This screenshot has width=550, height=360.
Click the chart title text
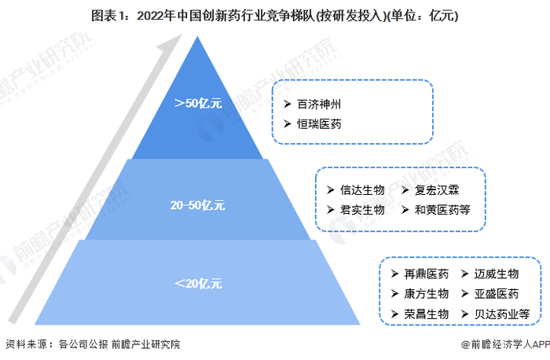point(275,14)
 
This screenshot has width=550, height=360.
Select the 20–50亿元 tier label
point(198,205)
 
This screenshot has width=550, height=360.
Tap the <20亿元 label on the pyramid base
point(197,283)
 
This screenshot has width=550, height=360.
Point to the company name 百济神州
point(319,104)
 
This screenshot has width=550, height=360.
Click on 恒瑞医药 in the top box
point(319,123)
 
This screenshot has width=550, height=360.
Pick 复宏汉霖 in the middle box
point(439,190)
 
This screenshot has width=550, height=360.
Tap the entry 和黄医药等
point(444,210)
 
